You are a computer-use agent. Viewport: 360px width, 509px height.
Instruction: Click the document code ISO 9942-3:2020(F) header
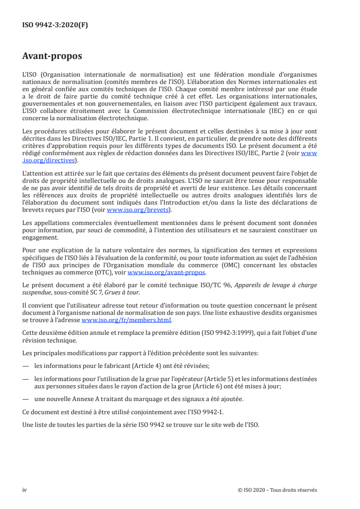coord(55,25)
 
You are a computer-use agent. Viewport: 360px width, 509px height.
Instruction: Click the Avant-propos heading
coord(52,57)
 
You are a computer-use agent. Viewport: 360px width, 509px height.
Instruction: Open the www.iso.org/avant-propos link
coord(167,273)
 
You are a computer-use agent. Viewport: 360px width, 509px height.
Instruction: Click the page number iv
coord(25,490)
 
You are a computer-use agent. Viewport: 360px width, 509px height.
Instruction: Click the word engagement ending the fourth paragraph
coord(40,237)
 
